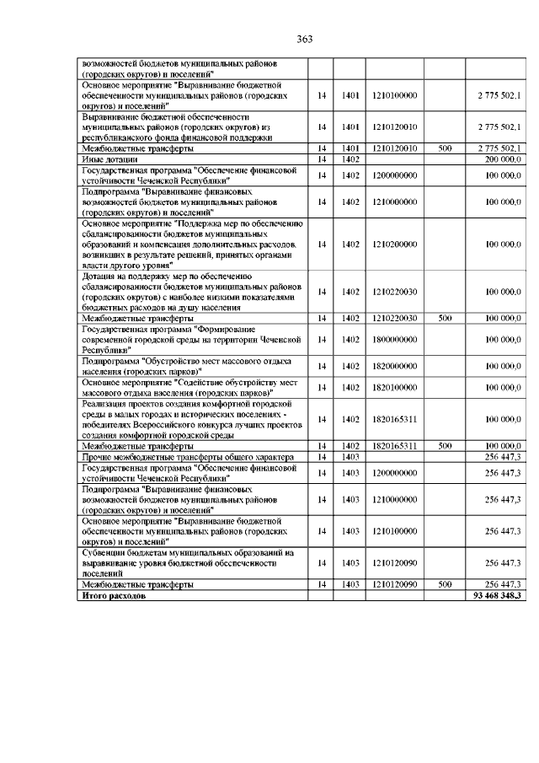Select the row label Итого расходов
click(113, 595)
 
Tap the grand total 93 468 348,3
click(494, 595)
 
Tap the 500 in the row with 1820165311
click(446, 445)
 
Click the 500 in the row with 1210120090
click(446, 584)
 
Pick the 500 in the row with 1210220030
click(446, 318)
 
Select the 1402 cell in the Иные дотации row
click(351, 159)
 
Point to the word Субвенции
click(105, 552)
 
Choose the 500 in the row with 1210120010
click(446, 148)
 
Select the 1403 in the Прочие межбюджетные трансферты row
click(351, 455)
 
